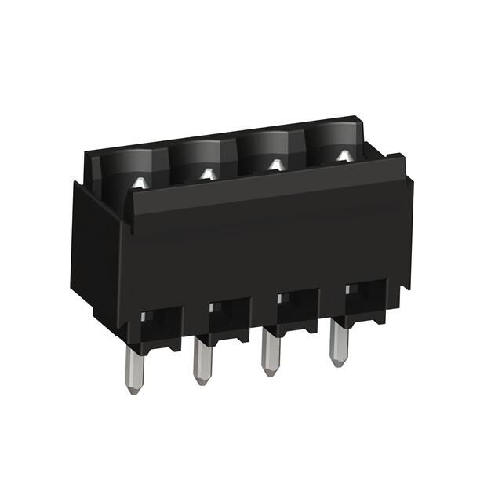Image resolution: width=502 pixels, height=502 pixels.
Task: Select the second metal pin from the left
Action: pyautogui.click(x=201, y=358)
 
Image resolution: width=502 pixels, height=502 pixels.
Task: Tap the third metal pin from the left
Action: pyautogui.click(x=269, y=348)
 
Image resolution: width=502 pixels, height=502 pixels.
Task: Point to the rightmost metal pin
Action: pyautogui.click(x=337, y=340)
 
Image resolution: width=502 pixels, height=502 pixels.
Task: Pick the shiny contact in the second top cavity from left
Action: pyautogui.click(x=207, y=174)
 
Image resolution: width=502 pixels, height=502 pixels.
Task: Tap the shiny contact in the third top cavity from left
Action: pyautogui.click(x=275, y=165)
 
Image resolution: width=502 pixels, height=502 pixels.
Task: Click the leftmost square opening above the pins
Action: pyautogui.click(x=160, y=322)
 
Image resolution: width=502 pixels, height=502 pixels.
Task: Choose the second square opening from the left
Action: pyautogui.click(x=228, y=312)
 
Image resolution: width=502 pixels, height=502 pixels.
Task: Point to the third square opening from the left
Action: pyautogui.click(x=296, y=303)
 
